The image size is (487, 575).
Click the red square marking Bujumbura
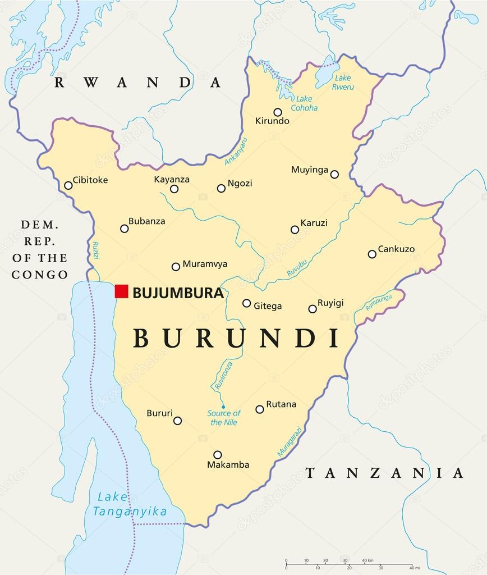(122, 291)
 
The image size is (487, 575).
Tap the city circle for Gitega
(246, 303)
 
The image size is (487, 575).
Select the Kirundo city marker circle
(277, 112)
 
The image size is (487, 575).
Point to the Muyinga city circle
(334, 174)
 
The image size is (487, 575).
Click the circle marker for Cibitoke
(68, 185)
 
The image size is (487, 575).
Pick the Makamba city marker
(217, 455)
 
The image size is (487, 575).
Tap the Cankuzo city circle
(372, 254)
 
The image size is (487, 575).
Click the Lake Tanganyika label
(130, 504)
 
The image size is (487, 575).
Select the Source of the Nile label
(224, 418)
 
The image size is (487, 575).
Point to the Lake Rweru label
(342, 82)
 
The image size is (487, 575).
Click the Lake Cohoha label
(304, 103)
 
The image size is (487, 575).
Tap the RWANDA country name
(138, 83)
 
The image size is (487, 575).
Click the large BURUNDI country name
(236, 338)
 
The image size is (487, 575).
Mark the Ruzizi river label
(95, 249)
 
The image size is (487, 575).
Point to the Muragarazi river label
(290, 441)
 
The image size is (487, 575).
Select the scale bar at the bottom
(348, 564)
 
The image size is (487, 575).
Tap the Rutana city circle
(260, 409)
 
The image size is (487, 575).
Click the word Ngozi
(240, 184)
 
